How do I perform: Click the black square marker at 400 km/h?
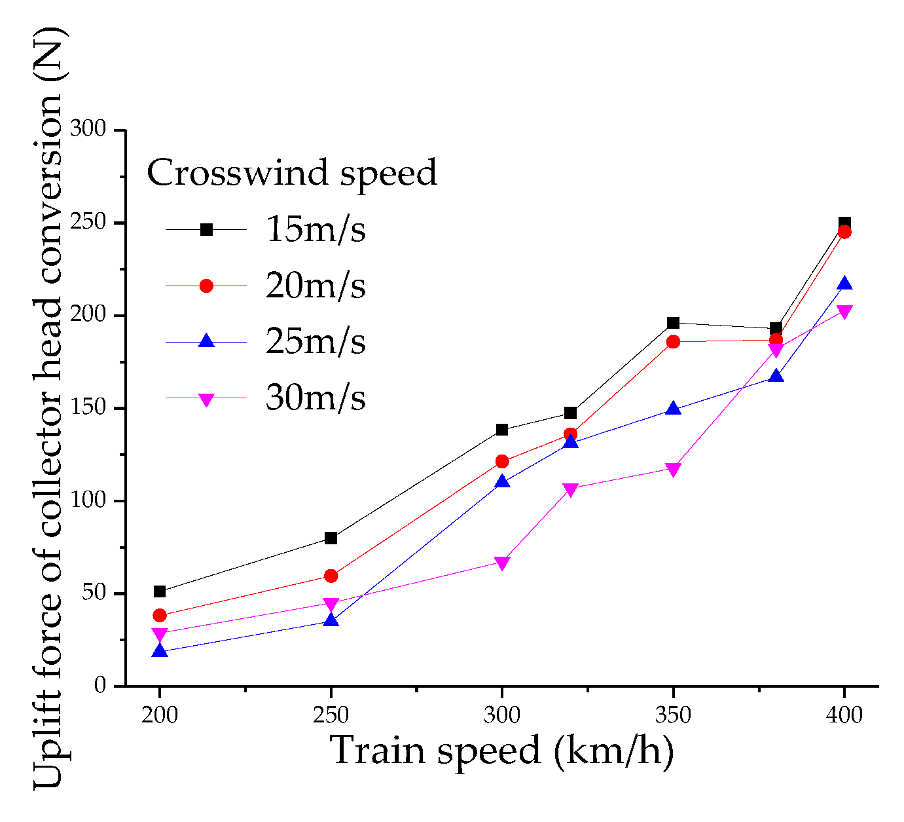pyautogui.click(x=844, y=223)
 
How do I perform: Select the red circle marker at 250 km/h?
pyautogui.click(x=331, y=576)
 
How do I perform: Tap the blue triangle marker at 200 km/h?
pyautogui.click(x=160, y=651)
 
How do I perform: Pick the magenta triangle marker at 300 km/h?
pyautogui.click(x=501, y=563)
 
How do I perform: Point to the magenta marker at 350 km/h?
pyautogui.click(x=673, y=469)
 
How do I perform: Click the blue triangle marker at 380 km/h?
pyautogui.click(x=776, y=376)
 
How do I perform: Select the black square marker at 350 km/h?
pyautogui.click(x=673, y=323)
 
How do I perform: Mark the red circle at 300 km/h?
pyautogui.click(x=501, y=461)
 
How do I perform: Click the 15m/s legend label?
pyautogui.click(x=315, y=229)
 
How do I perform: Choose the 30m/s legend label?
pyautogui.click(x=315, y=398)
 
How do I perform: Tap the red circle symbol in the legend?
pyautogui.click(x=206, y=286)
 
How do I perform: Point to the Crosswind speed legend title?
pyautogui.click(x=291, y=173)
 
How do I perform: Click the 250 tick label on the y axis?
pyautogui.click(x=88, y=223)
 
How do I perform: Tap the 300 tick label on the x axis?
pyautogui.click(x=501, y=715)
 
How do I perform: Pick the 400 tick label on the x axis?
pyautogui.click(x=844, y=715)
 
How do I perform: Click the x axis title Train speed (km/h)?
pyautogui.click(x=501, y=751)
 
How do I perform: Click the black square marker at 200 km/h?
pyautogui.click(x=160, y=591)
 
